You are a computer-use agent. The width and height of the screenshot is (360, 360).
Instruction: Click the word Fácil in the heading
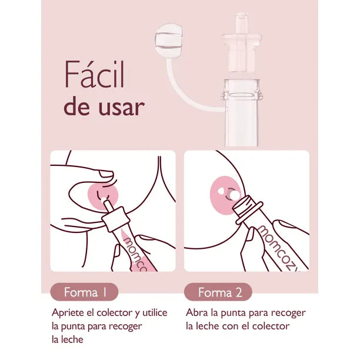tap(94, 74)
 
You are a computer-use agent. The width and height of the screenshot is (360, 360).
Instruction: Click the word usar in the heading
tap(122, 107)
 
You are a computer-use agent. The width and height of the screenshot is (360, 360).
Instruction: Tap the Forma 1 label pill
tap(84, 292)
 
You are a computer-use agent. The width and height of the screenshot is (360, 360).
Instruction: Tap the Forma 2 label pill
tap(218, 292)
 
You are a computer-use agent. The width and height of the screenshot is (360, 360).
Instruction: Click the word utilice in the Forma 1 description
tap(155, 313)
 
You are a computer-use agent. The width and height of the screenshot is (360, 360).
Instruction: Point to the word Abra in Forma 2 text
tap(196, 312)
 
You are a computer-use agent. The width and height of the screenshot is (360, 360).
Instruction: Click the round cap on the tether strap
tap(169, 41)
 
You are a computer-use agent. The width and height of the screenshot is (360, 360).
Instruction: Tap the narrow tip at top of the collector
tap(241, 23)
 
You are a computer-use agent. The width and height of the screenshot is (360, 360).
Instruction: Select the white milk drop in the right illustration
tap(235, 195)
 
